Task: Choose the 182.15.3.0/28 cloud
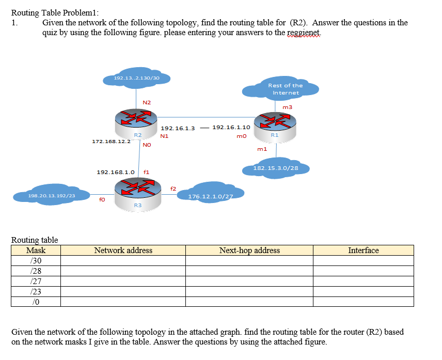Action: (276, 168)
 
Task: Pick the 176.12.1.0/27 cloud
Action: (210, 194)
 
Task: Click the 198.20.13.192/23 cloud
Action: (52, 195)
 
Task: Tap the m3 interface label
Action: (288, 107)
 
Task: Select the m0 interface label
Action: (241, 136)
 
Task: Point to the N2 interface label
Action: (146, 102)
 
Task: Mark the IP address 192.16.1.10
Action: (231, 127)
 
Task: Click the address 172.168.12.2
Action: (111, 141)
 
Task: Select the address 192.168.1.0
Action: (116, 172)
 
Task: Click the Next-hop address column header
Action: (249, 251)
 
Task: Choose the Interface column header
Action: (363, 251)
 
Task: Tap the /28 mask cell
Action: (36, 271)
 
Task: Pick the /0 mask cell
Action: (36, 301)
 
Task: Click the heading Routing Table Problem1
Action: (55, 13)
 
